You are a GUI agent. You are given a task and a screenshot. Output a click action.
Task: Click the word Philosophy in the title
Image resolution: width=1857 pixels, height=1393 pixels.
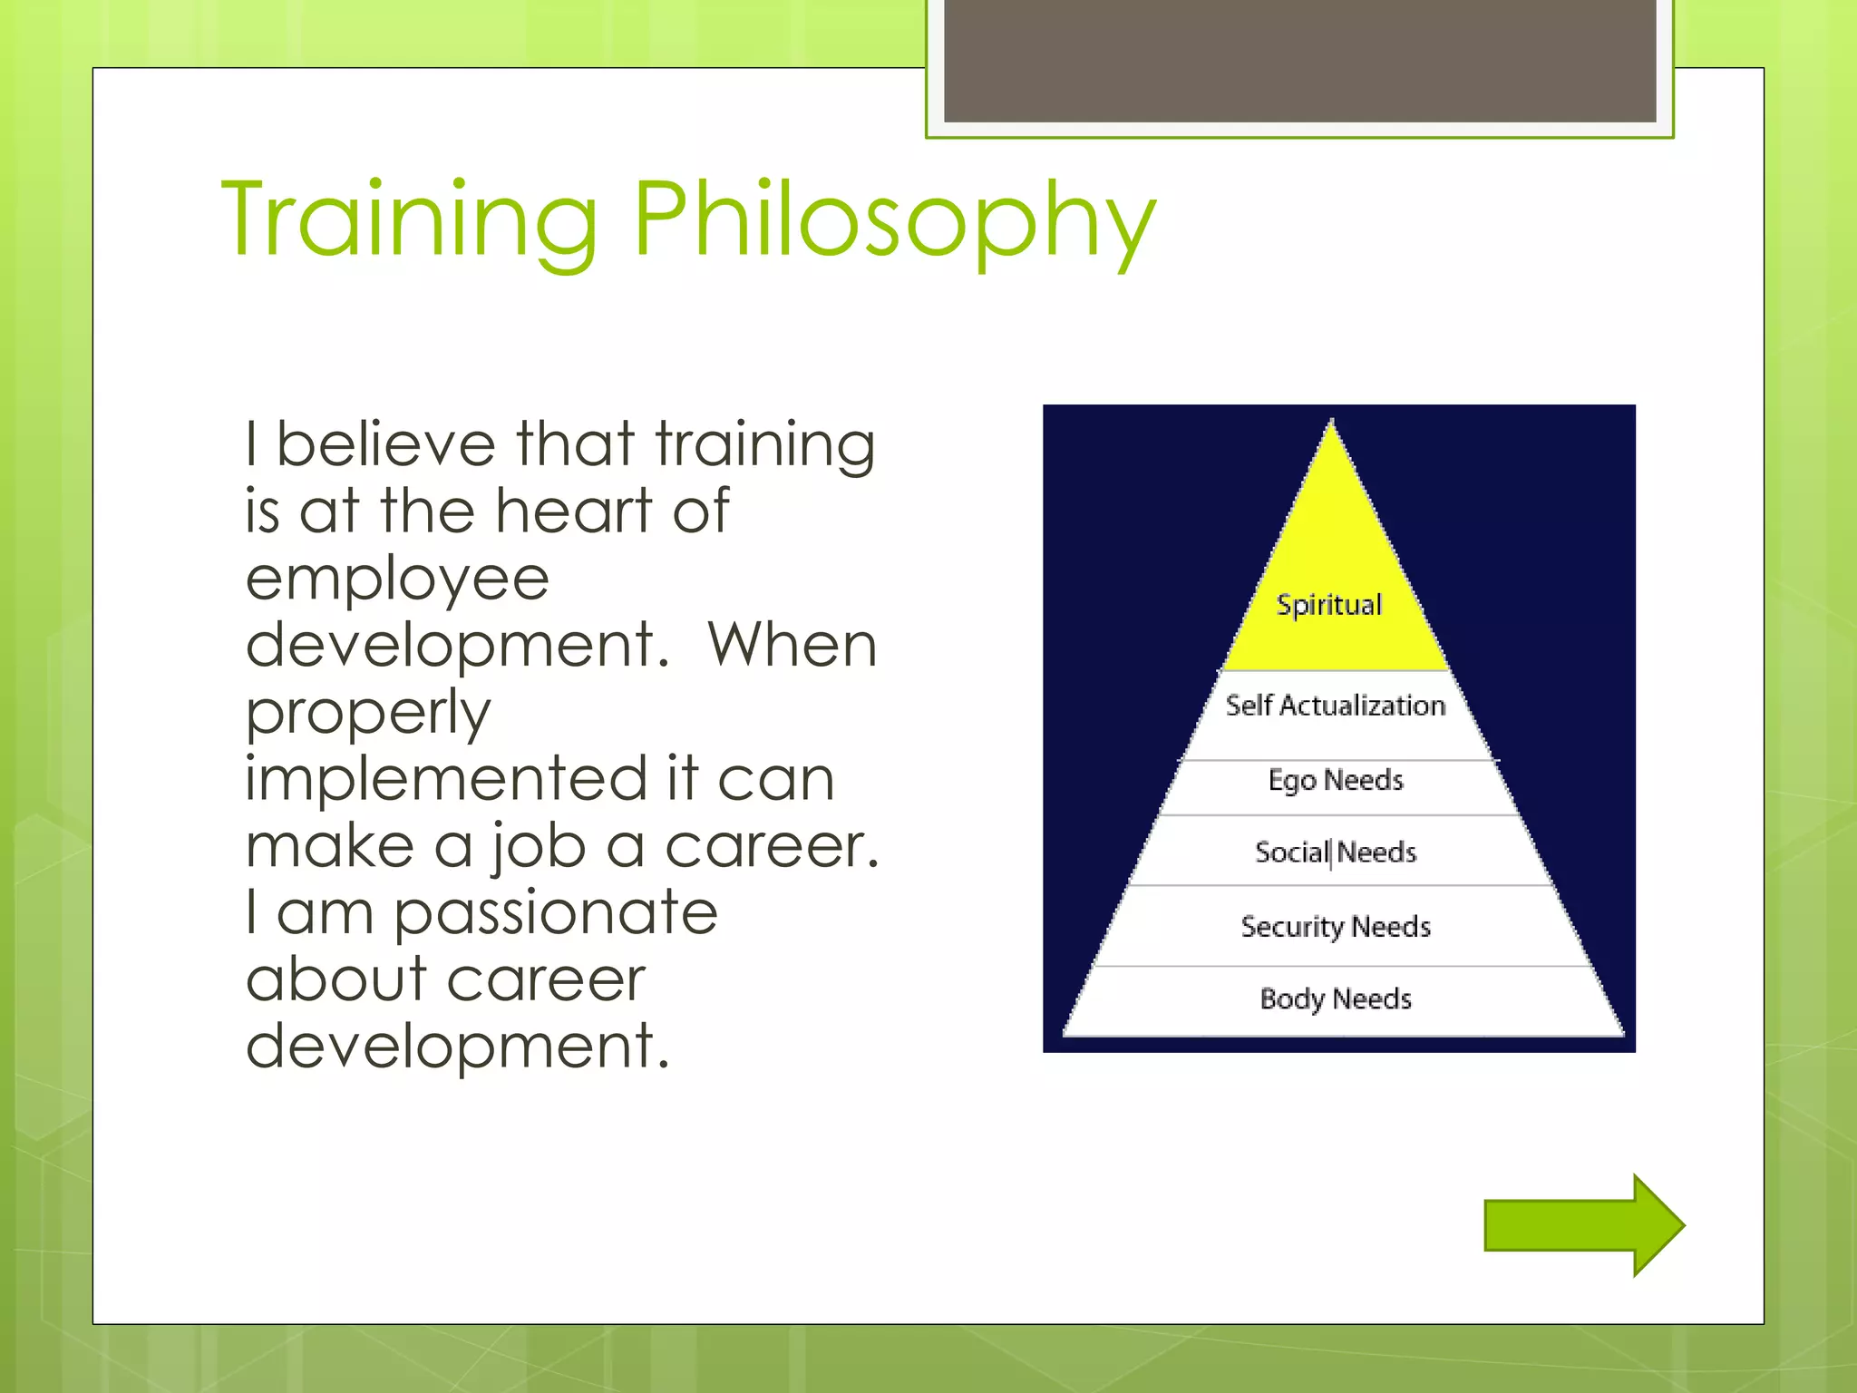pyautogui.click(x=894, y=222)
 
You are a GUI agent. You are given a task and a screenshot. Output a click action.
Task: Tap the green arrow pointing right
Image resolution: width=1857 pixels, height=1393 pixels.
pyautogui.click(x=1583, y=1225)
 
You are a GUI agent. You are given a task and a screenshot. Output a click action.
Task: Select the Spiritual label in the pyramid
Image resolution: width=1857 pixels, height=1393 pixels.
pyautogui.click(x=1329, y=605)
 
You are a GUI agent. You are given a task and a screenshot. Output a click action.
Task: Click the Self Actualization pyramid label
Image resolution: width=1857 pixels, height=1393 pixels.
pyautogui.click(x=1336, y=706)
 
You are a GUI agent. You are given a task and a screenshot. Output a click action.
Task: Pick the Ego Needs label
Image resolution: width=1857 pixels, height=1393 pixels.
pyautogui.click(x=1336, y=780)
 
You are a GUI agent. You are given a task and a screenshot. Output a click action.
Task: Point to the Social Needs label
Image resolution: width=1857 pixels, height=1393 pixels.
pyautogui.click(x=1336, y=852)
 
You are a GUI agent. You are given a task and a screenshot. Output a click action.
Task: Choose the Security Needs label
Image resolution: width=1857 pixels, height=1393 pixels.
pyautogui.click(x=1336, y=927)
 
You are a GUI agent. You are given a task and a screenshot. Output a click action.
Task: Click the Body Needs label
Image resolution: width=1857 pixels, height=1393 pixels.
pyautogui.click(x=1336, y=999)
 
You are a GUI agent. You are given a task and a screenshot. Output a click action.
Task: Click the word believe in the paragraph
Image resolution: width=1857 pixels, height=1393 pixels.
pyautogui.click(x=385, y=444)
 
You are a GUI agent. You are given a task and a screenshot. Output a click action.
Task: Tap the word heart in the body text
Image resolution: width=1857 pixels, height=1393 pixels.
pyautogui.click(x=574, y=511)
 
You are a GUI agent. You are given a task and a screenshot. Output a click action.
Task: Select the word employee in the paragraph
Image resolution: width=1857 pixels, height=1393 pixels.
pyautogui.click(x=397, y=579)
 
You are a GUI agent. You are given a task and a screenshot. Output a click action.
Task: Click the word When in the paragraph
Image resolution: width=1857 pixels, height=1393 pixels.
pyautogui.click(x=792, y=646)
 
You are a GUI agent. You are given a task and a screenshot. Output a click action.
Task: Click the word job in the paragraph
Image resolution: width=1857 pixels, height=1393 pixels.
pyautogui.click(x=539, y=846)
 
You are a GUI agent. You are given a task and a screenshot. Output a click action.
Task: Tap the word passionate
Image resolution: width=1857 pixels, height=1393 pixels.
pyautogui.click(x=555, y=913)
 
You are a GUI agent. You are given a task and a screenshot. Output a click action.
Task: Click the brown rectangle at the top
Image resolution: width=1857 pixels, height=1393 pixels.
pyautogui.click(x=1299, y=60)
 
